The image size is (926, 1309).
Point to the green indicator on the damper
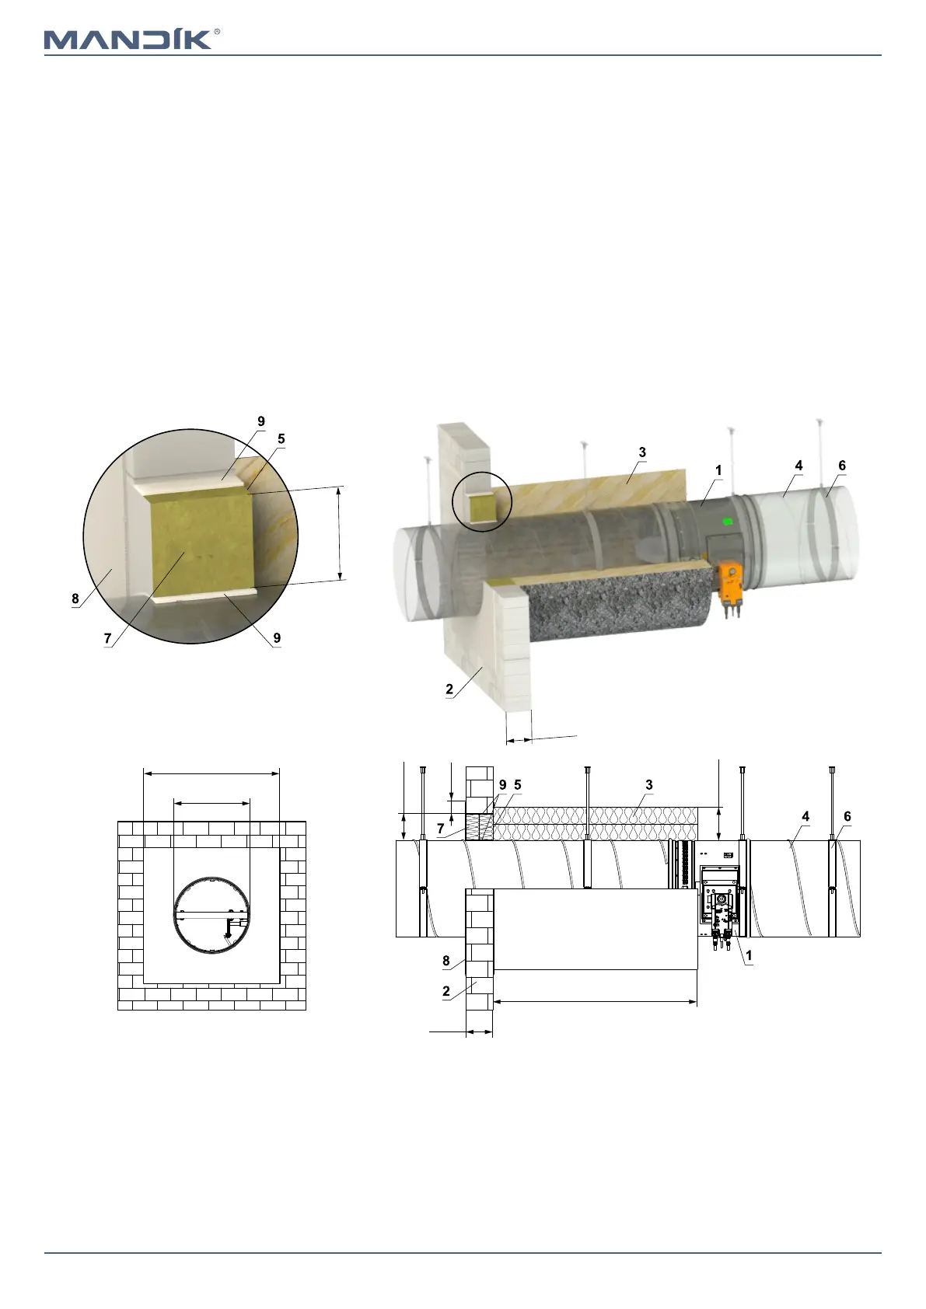click(x=728, y=522)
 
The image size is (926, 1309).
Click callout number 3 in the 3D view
click(x=642, y=452)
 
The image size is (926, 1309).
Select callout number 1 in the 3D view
click(x=718, y=470)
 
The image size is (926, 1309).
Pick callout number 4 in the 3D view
click(x=798, y=466)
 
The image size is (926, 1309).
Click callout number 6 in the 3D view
click(x=842, y=466)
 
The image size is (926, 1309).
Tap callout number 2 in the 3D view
click(x=449, y=689)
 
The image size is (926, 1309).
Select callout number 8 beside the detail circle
click(x=75, y=599)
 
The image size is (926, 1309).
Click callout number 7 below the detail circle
click(x=107, y=639)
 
